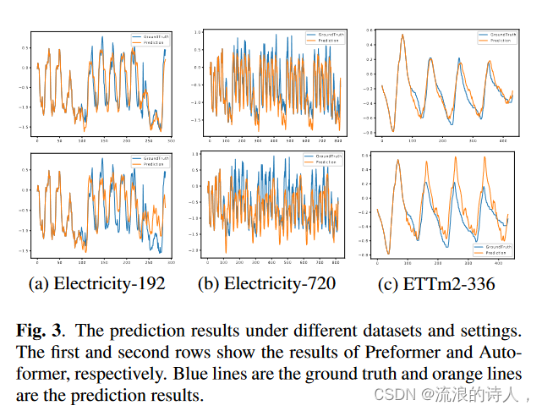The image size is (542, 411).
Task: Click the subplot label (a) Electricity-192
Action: (97, 284)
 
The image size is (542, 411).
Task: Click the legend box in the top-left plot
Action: (151, 38)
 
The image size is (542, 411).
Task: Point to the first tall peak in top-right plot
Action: (402, 36)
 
